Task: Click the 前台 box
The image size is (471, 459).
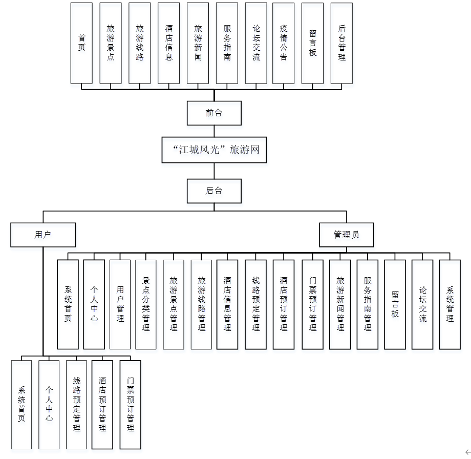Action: [214, 113]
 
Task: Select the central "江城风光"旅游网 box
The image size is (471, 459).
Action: [214, 150]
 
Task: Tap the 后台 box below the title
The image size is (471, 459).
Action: [214, 191]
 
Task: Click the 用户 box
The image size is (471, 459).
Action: [43, 235]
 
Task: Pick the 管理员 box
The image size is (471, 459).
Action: [346, 235]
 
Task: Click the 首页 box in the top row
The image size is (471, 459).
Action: [81, 43]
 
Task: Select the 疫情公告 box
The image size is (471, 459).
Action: [284, 43]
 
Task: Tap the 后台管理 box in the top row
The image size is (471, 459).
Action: [341, 43]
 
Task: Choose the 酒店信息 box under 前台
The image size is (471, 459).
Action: [169, 43]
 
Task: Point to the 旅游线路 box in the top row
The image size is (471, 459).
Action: [140, 43]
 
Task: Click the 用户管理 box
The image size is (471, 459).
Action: [120, 304]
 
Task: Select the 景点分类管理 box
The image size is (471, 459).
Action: [146, 304]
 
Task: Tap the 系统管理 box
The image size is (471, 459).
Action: [449, 304]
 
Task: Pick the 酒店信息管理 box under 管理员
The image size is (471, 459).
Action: [227, 304]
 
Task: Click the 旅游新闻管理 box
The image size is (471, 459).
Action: [340, 304]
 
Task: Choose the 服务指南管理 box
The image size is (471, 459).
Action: [367, 304]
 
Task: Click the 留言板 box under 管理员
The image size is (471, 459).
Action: [395, 304]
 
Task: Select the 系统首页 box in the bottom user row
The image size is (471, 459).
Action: [21, 404]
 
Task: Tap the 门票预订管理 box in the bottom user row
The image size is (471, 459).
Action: [130, 404]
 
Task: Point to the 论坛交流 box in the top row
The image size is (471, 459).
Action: [256, 43]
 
